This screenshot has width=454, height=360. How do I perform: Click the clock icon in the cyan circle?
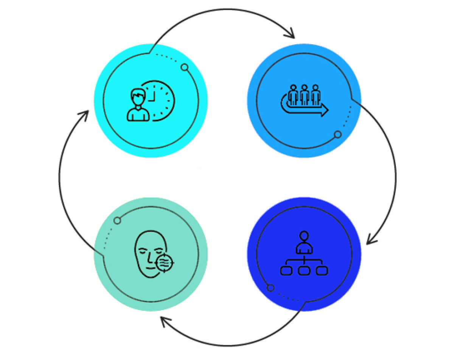point(160,100)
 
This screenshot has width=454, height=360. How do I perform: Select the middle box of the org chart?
point(304,270)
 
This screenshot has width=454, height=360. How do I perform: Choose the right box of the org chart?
point(322,270)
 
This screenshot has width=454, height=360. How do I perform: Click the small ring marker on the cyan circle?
point(185,67)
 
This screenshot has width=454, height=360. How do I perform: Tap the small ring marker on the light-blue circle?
point(338,134)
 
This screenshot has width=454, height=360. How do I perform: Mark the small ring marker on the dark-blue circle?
point(270,288)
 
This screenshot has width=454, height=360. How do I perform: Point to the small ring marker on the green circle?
point(117,220)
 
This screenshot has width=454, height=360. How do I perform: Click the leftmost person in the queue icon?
point(293,95)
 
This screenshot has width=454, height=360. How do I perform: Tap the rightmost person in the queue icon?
point(315,95)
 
